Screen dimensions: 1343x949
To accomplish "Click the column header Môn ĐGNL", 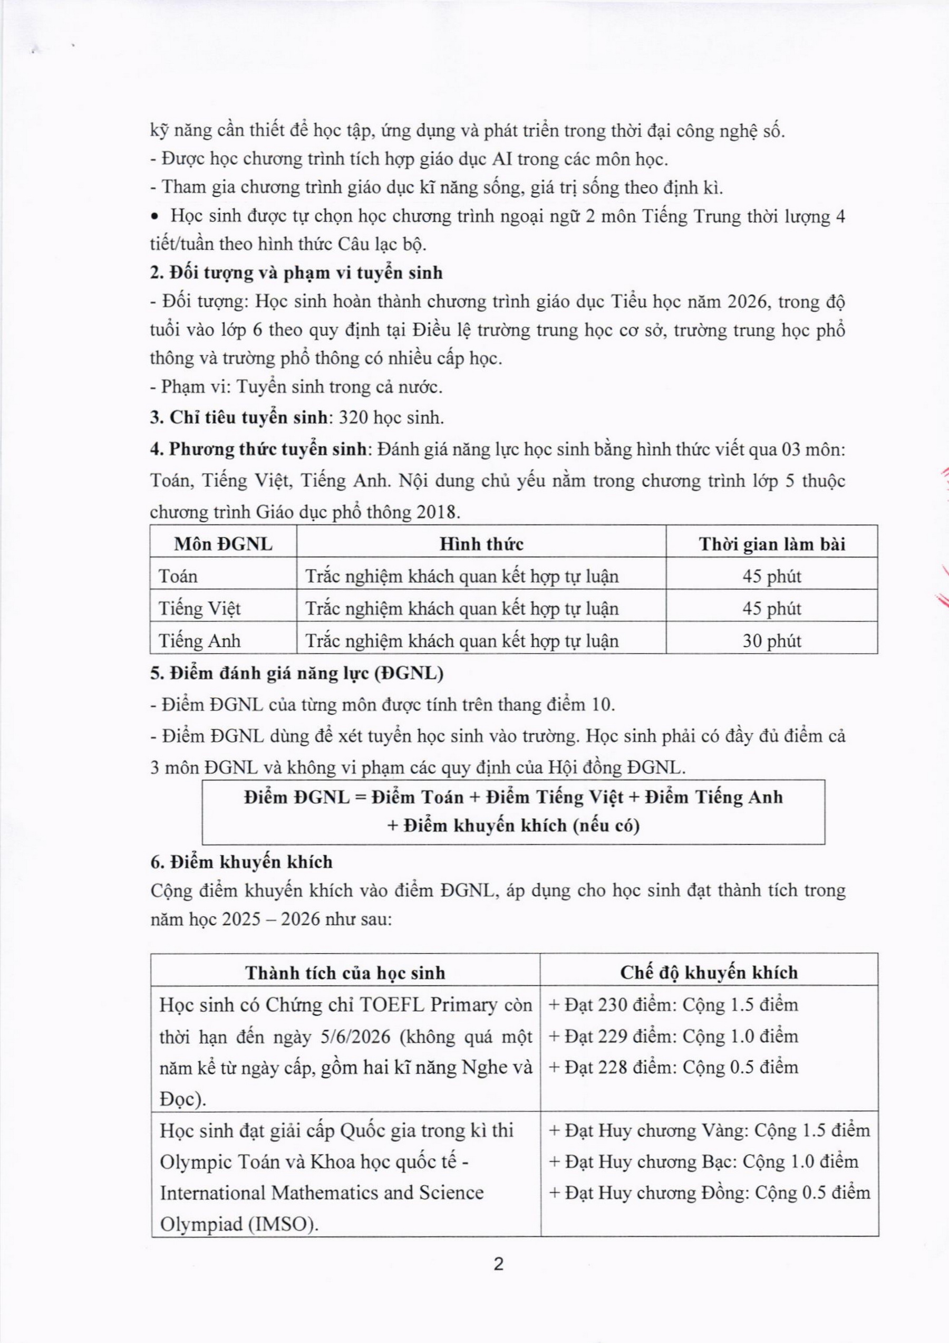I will (x=223, y=544).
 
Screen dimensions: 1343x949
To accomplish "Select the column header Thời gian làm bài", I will (x=772, y=544).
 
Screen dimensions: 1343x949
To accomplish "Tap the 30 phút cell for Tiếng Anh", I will (x=772, y=641).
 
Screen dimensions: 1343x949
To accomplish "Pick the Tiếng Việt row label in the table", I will (x=200, y=609).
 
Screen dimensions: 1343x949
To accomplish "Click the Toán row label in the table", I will (x=178, y=577).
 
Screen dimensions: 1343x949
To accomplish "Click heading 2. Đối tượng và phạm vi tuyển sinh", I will (x=296, y=273).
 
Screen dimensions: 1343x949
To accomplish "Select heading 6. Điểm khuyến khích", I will (x=241, y=862).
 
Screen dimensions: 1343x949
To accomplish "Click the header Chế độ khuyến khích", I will (x=709, y=973).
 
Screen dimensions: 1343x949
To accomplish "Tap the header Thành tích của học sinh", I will (x=345, y=973).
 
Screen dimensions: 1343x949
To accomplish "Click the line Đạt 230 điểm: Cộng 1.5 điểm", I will (x=674, y=1005).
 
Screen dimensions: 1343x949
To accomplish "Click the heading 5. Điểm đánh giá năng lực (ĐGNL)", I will (x=296, y=674).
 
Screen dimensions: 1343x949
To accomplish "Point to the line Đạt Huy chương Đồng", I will (x=710, y=1193).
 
